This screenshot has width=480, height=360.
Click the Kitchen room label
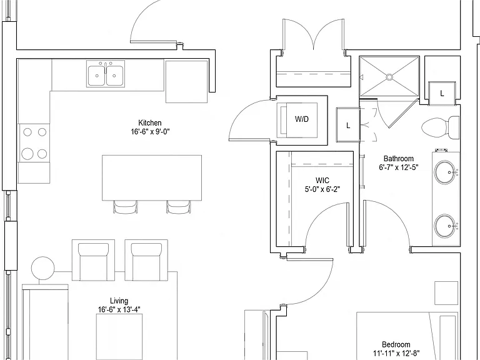click(x=150, y=122)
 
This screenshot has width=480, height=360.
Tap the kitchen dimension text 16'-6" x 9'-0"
click(x=150, y=132)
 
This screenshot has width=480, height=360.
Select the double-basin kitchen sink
click(x=106, y=74)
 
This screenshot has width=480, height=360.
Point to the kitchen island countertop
click(x=152, y=178)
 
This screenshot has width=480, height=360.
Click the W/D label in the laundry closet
click(x=301, y=119)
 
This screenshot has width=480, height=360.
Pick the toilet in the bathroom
click(x=441, y=127)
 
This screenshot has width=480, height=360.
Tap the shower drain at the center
click(x=389, y=77)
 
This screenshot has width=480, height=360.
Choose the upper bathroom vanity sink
click(x=445, y=172)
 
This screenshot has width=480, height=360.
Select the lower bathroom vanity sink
click(x=445, y=226)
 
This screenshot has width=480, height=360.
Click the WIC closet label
click(x=322, y=180)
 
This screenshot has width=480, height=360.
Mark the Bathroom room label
click(x=399, y=159)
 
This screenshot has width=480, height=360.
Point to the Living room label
click(x=119, y=301)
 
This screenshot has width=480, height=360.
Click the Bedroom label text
click(x=396, y=345)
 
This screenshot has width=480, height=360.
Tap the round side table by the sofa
click(x=43, y=268)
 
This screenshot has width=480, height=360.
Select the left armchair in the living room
click(x=93, y=260)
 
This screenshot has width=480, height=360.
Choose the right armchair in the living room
click(x=146, y=260)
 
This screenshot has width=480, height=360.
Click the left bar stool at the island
click(x=126, y=207)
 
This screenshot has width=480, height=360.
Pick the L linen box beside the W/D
click(x=347, y=125)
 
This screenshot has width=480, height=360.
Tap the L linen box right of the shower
click(x=442, y=93)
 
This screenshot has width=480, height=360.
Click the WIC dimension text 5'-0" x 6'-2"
click(x=322, y=189)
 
